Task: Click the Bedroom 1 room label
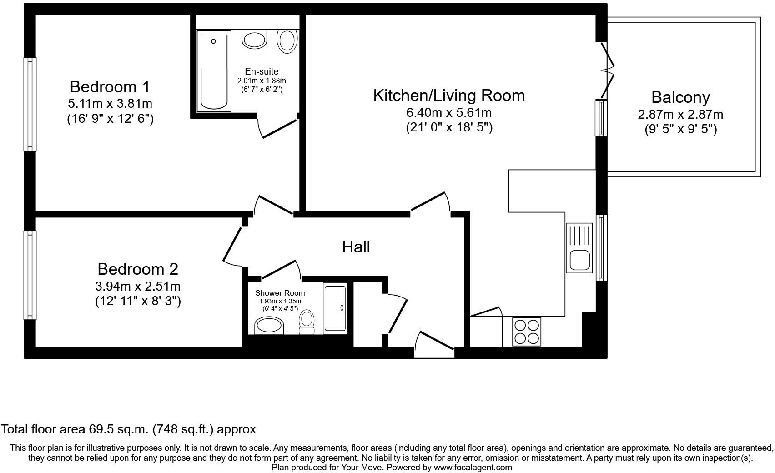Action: (110, 87)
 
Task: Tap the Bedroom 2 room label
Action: (138, 269)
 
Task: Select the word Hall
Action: (356, 247)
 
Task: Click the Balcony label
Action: (680, 98)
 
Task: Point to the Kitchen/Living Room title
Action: (449, 96)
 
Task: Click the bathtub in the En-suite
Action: (214, 71)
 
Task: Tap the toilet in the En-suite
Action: (287, 41)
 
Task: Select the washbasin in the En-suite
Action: (255, 40)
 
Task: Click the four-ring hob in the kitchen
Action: (527, 332)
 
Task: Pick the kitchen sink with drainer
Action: (579, 248)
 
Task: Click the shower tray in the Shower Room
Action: (335, 308)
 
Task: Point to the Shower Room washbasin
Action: (269, 326)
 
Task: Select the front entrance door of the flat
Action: (434, 345)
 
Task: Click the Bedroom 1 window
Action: (30, 104)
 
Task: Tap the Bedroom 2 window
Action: (30, 276)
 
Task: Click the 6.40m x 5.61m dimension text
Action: (449, 113)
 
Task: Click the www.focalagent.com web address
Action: (473, 468)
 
